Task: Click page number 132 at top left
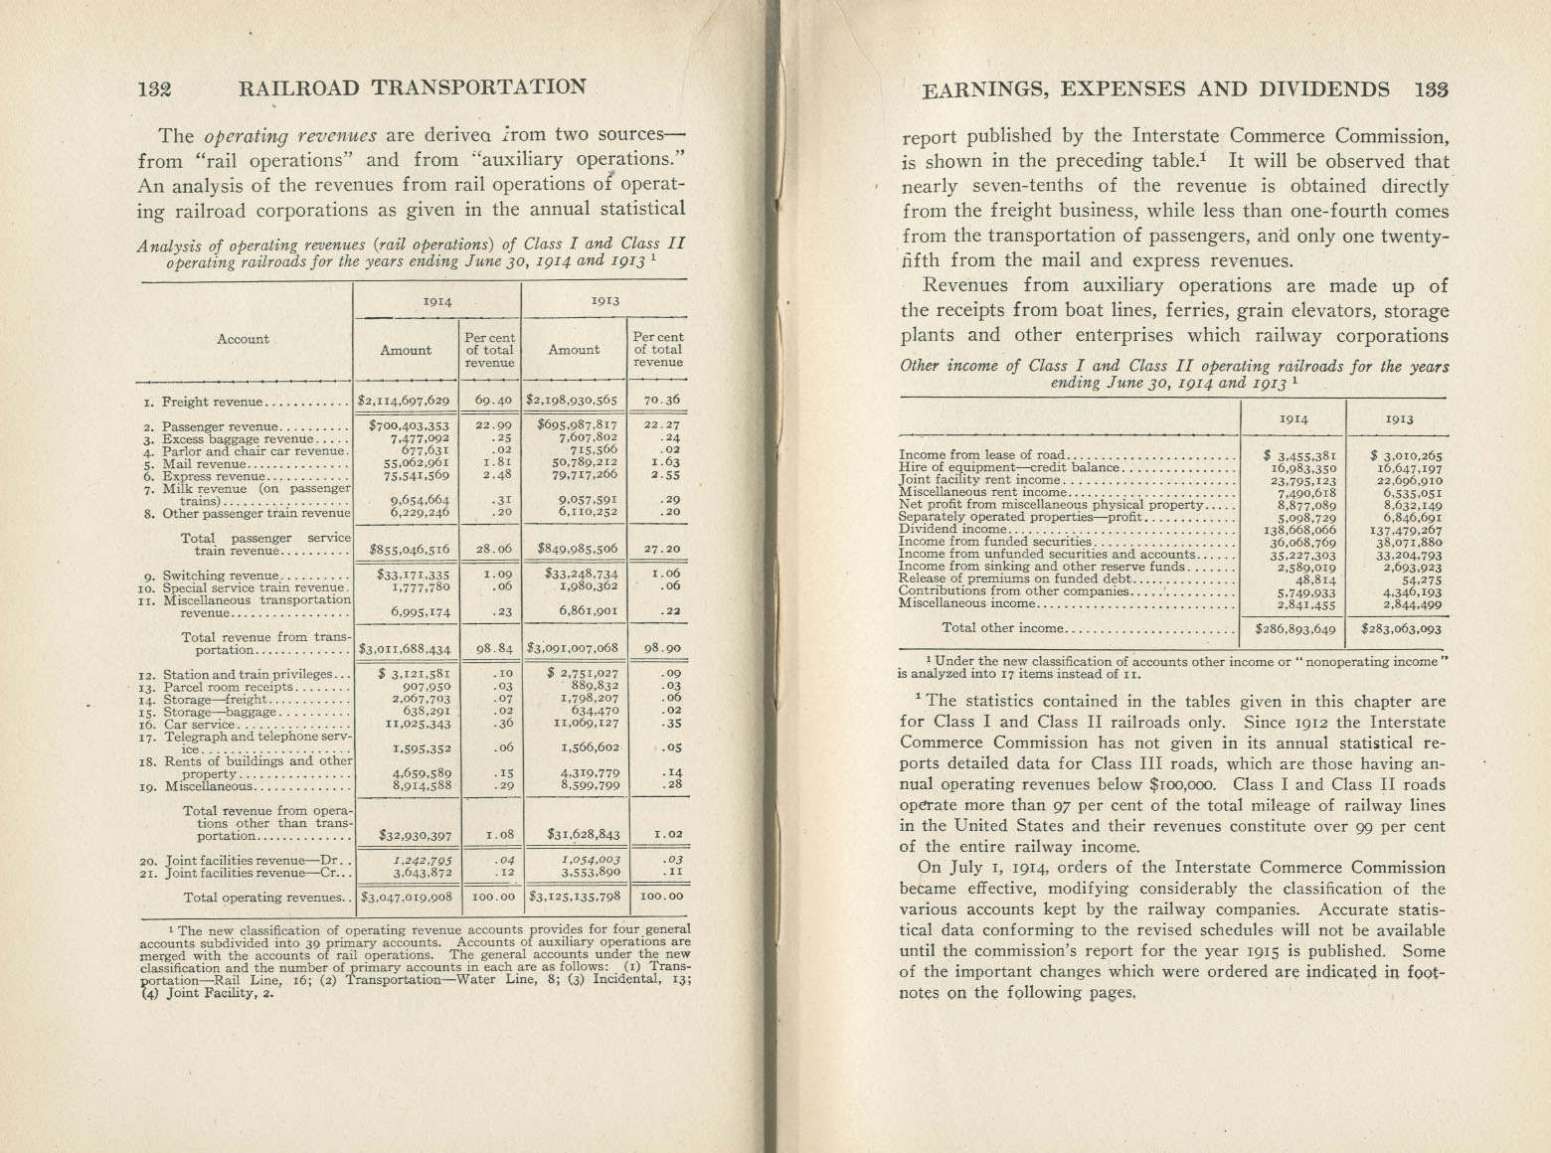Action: pos(155,87)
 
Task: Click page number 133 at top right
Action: pos(1430,89)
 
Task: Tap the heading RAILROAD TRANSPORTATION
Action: pos(413,87)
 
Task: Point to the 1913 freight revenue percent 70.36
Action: pos(657,402)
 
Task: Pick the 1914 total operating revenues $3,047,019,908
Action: pos(406,898)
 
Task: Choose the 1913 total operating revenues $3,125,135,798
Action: pos(575,898)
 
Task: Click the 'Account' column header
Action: pos(243,339)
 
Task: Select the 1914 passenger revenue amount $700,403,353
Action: pos(409,425)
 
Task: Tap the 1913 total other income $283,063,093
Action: pos(1396,628)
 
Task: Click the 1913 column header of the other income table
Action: pos(1397,419)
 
